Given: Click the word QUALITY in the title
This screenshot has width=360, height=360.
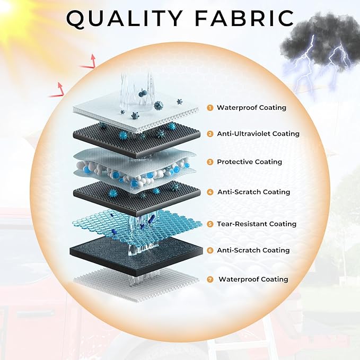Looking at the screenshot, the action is pyautogui.click(x=125, y=19).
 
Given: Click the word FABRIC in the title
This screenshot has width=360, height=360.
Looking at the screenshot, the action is pyautogui.click(x=244, y=18).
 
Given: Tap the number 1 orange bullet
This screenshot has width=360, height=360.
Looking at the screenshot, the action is pyautogui.click(x=210, y=108).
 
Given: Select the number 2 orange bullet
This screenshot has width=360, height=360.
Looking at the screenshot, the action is pyautogui.click(x=210, y=134).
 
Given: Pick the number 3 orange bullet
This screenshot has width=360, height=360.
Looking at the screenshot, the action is pyautogui.click(x=210, y=162).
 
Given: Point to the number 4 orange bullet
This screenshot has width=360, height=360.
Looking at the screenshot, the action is pyautogui.click(x=210, y=192).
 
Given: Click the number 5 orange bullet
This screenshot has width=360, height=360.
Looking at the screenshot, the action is pyautogui.click(x=210, y=224).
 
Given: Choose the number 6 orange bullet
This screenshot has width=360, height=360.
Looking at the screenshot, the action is pyautogui.click(x=210, y=250).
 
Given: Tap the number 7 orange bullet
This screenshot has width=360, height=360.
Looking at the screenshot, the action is pyautogui.click(x=210, y=279).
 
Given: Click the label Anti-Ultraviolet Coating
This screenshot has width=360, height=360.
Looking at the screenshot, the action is pyautogui.click(x=258, y=134).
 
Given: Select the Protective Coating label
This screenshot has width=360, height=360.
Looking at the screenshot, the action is pyautogui.click(x=250, y=162).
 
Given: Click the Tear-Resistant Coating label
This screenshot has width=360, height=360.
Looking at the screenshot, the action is pyautogui.click(x=257, y=224).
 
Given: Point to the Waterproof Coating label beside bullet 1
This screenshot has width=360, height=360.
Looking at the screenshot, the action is pyautogui.click(x=252, y=108).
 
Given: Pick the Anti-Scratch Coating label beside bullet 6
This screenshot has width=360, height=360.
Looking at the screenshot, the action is pyautogui.click(x=253, y=250).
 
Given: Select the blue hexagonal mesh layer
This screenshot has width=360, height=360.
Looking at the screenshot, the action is pyautogui.click(x=137, y=225).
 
